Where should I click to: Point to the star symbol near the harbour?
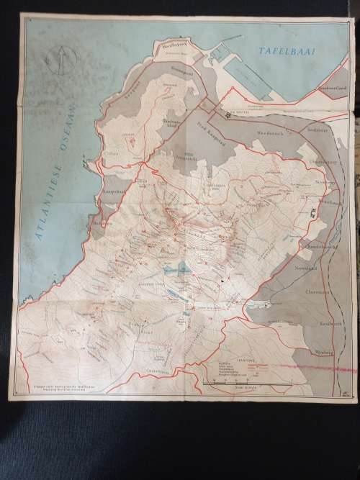pyautogui.click(x=227, y=114)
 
